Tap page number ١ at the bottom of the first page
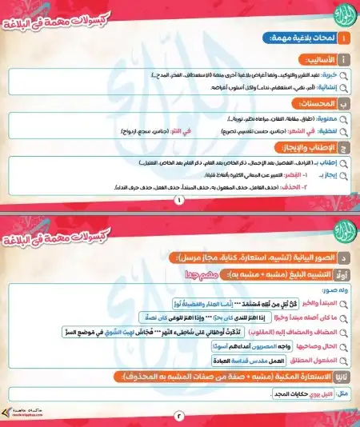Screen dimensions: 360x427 pos(179,201)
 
